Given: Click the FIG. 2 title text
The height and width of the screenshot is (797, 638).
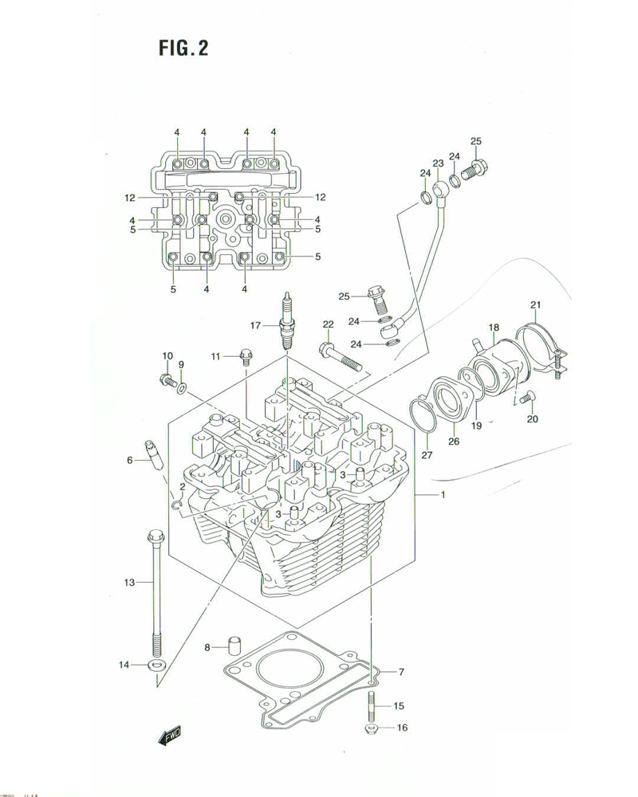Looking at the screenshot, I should tap(183, 49).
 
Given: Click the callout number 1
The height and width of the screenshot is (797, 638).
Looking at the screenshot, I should tap(443, 496).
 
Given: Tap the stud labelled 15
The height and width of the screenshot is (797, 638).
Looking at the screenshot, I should tap(372, 705).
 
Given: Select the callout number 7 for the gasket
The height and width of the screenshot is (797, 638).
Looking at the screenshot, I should tap(402, 672).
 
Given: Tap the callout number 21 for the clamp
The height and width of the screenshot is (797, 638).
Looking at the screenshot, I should tap(535, 304).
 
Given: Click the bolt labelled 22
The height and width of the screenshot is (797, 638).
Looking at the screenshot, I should tap(342, 359).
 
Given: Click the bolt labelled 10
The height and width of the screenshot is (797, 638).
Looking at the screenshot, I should tap(168, 380).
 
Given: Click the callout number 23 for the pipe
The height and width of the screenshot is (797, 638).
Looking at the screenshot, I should tap(438, 163).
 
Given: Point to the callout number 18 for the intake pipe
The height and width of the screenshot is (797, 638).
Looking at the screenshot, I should tap(494, 328).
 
